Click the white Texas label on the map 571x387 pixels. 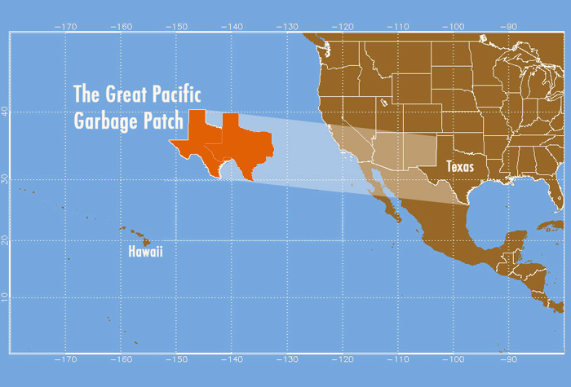click(x=460, y=166)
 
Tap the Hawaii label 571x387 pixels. click(x=146, y=252)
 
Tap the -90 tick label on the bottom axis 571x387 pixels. click(x=509, y=359)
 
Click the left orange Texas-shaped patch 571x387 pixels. click(x=196, y=143)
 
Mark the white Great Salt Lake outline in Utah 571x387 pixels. click(x=382, y=103)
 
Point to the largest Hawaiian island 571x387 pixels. click(x=147, y=241)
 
